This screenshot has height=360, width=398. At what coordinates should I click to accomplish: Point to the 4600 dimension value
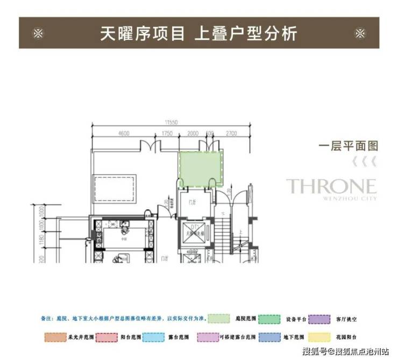click(x=123, y=133)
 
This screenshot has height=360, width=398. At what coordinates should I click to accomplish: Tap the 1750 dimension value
click(x=167, y=133)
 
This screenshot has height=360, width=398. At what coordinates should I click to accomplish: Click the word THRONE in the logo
click(x=331, y=187)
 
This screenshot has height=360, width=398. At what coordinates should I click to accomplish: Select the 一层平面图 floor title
click(x=349, y=146)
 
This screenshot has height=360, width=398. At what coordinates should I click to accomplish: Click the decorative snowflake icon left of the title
click(x=38, y=33)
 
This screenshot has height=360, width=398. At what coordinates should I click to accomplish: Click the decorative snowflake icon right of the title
click(x=360, y=33)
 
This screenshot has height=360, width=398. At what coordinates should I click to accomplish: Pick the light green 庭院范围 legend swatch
click(x=222, y=319)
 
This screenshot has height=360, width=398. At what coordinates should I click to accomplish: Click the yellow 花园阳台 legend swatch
click(x=318, y=337)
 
